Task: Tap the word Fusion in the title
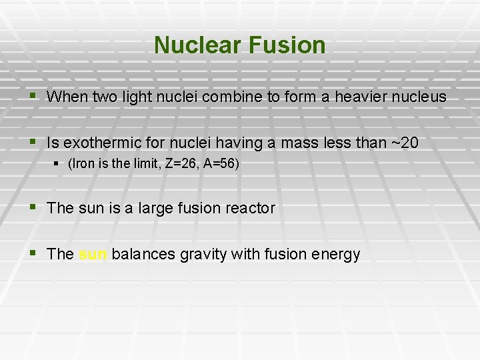(289, 45)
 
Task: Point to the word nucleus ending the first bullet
(419, 97)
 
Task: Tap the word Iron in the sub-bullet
(83, 164)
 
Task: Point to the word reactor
(249, 208)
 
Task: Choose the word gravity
(192, 255)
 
